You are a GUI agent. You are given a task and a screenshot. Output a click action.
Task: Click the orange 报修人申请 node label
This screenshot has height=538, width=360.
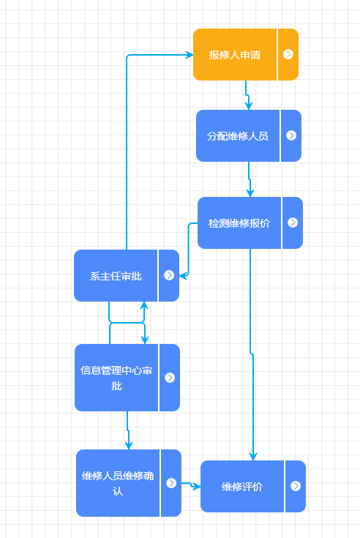tap(235, 55)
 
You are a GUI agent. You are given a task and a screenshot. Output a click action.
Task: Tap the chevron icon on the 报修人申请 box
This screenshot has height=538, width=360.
tap(288, 54)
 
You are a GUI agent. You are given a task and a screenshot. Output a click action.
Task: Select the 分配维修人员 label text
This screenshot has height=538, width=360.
tap(238, 136)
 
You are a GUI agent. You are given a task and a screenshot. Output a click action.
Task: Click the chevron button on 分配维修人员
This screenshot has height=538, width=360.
tap(291, 135)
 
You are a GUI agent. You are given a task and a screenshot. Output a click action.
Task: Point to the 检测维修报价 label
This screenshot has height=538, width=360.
tap(239, 223)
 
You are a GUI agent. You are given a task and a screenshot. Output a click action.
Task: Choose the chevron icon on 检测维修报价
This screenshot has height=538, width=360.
tap(293, 223)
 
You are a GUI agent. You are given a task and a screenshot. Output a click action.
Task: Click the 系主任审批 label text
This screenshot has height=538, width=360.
tap(116, 276)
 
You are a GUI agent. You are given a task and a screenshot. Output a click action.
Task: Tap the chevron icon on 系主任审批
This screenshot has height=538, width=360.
tap(169, 275)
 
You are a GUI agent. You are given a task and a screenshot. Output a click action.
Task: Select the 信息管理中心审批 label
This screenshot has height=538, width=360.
tap(116, 378)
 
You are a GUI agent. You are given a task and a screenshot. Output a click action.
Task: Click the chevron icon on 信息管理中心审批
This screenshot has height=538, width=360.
tap(170, 378)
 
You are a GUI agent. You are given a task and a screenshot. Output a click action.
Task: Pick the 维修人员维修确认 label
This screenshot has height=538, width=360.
tap(118, 483)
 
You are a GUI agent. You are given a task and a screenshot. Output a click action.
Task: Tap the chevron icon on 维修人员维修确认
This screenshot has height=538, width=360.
tap(171, 483)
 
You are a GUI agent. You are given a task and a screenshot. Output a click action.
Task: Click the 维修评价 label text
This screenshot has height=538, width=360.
tap(242, 487)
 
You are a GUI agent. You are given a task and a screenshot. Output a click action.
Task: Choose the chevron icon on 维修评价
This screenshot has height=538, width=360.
tap(296, 486)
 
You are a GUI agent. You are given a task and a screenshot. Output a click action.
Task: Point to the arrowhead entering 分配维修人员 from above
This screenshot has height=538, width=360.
tap(249, 106)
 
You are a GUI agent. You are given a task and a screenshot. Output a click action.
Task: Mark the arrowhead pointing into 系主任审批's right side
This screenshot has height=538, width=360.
tap(184, 275)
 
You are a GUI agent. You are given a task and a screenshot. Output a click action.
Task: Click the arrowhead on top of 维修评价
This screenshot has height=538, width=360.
tap(253, 457)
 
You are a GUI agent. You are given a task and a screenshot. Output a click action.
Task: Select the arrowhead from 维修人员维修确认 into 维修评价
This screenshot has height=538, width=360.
tap(197, 487)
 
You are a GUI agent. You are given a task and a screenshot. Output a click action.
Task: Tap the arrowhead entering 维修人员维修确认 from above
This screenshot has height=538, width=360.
tap(129, 446)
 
